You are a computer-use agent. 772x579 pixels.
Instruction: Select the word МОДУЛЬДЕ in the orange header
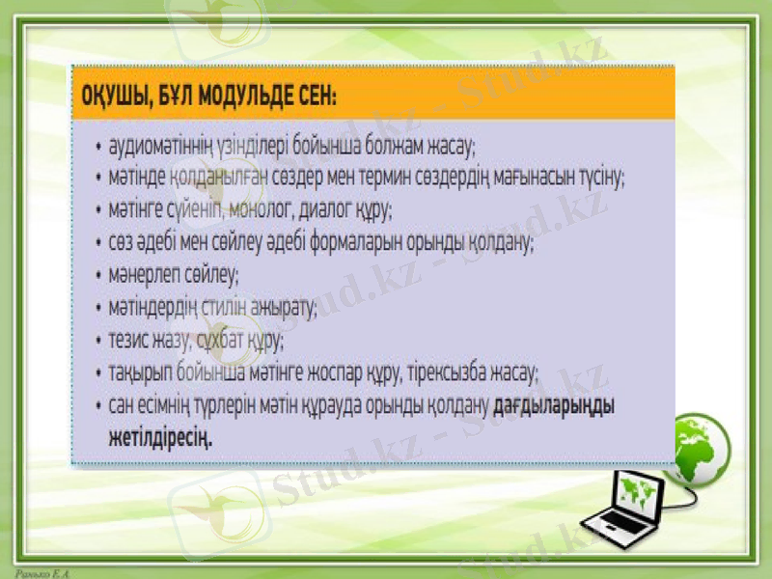click(247, 96)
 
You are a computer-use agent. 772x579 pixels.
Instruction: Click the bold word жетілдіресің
click(160, 436)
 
